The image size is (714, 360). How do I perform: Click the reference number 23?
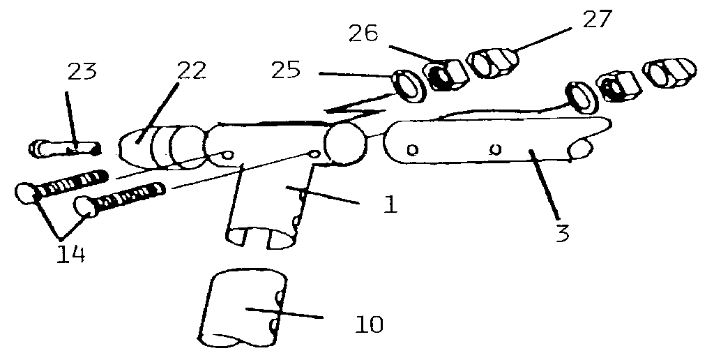coord(82,72)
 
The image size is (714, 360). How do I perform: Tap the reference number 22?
coord(191,70)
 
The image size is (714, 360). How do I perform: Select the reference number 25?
coord(285,70)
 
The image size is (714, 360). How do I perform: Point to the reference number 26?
coord(363,33)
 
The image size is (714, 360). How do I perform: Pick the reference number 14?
coord(71,255)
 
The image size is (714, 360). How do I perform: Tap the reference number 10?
coord(369,324)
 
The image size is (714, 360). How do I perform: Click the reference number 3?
coord(563,232)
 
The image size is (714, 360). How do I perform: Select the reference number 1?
coord(390,205)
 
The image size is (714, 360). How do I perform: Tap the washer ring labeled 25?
coord(409,86)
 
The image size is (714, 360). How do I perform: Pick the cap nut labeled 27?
coord(493,63)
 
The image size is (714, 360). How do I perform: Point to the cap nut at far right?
coord(669,73)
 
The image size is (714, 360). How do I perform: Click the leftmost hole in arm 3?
coord(411,149)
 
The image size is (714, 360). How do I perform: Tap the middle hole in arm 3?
coord(496,149)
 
